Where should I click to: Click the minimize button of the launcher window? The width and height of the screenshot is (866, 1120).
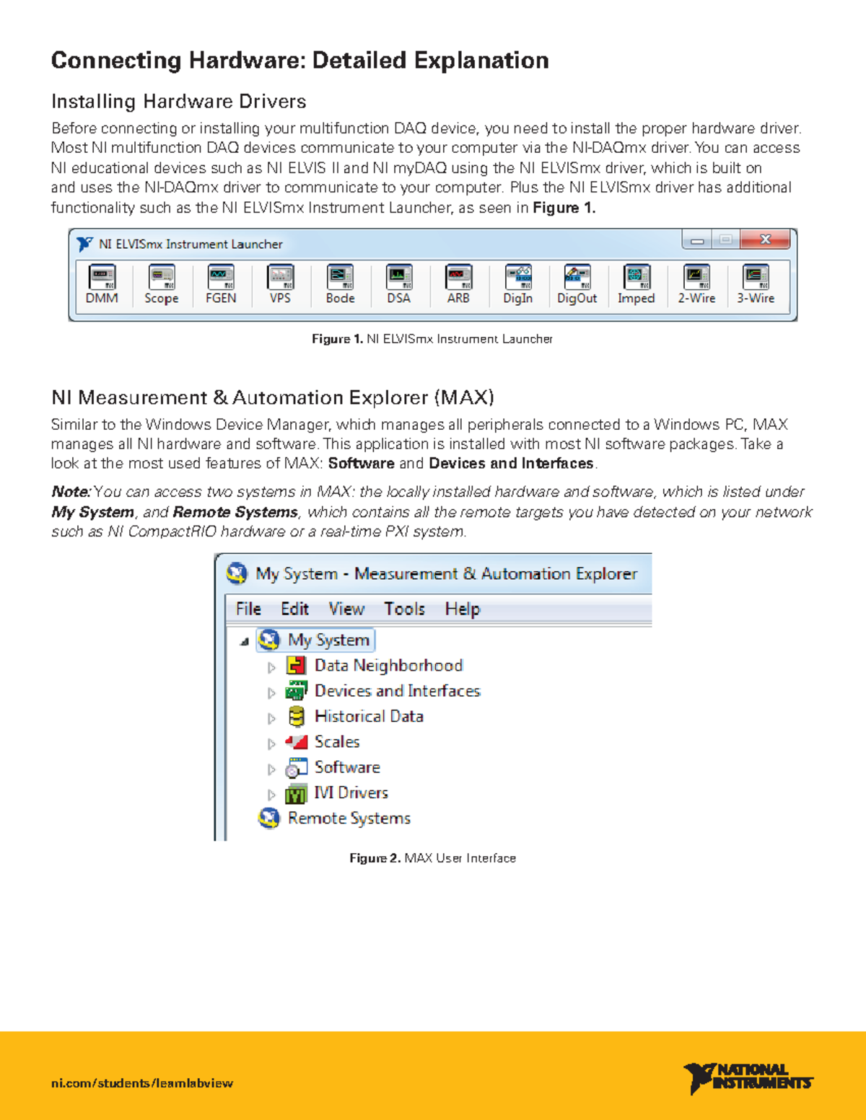click(697, 240)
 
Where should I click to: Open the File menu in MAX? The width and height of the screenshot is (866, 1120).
click(248, 609)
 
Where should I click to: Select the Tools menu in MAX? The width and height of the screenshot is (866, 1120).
click(404, 609)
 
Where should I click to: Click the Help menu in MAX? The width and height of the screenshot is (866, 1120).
click(462, 609)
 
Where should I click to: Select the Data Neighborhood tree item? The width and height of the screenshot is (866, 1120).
click(388, 666)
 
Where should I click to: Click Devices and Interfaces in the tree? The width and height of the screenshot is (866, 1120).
click(397, 691)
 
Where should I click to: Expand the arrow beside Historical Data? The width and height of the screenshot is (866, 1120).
click(271, 718)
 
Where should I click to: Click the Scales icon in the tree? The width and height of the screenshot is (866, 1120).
click(296, 742)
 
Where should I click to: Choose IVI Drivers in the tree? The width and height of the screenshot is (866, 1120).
click(351, 793)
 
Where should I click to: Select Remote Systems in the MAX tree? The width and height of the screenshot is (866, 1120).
click(349, 819)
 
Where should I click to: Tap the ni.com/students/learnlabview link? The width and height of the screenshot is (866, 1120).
click(142, 1083)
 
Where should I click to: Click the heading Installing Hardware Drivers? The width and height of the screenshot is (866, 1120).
click(178, 102)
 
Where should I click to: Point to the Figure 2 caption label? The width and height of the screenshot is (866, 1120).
click(375, 858)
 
